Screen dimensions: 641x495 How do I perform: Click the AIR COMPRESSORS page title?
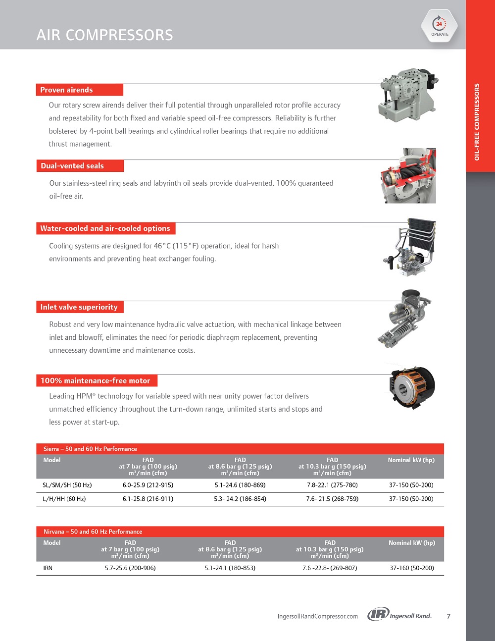point(104,35)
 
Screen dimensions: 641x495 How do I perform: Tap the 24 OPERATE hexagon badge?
point(439,26)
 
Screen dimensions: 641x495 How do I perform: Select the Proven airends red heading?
point(66,90)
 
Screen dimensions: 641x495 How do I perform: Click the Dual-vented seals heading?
point(72,166)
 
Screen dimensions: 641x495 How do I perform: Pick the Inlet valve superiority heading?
point(79,307)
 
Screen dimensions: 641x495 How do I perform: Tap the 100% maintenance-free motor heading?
point(95,381)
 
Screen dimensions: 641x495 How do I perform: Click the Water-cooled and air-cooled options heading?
point(105,228)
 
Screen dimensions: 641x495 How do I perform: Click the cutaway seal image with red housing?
point(408,176)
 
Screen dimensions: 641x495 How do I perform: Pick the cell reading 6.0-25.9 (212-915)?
point(148,485)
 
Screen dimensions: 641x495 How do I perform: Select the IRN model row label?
point(48,568)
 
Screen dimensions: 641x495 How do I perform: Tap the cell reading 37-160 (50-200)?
point(411,568)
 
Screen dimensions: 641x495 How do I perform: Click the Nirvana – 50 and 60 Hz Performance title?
point(93,532)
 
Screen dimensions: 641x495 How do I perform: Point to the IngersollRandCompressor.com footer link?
point(317,617)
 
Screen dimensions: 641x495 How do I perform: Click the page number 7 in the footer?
point(448,617)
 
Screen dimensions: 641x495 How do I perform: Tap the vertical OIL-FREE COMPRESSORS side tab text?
point(477,121)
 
